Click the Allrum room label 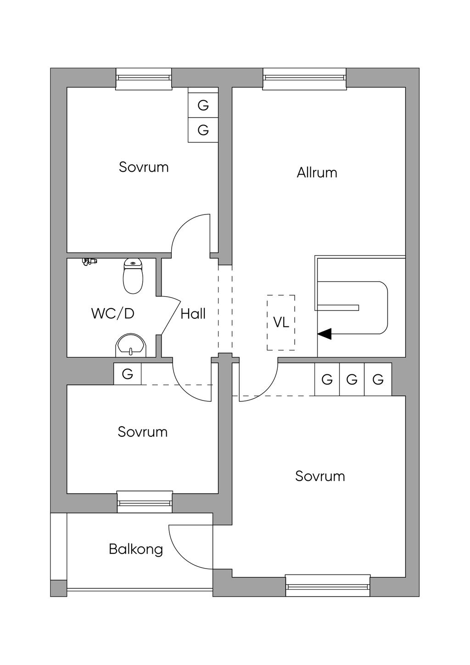pos(317,173)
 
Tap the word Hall pos(193,314)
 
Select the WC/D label pos(113,314)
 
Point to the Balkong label pos(136,549)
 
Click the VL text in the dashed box pos(281,322)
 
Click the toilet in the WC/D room pos(133,276)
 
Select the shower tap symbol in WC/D pos(89,262)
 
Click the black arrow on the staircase pos(325,334)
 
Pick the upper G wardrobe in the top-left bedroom pos(203,106)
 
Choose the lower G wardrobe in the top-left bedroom pos(203,130)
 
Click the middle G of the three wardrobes pos(352,380)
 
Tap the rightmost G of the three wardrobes pos(378,380)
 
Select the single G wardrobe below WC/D pos(128,374)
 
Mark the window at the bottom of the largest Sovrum pos(328,586)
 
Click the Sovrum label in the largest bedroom pos(320,476)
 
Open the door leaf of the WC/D pos(170,316)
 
